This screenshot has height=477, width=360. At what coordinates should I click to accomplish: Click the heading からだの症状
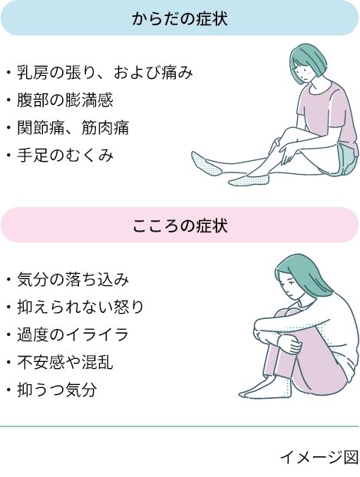[x=180, y=19]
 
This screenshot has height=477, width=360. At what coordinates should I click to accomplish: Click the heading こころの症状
[x=180, y=225]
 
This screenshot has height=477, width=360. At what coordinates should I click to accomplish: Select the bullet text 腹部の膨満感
[x=65, y=100]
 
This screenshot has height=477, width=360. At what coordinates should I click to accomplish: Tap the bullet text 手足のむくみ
[x=65, y=155]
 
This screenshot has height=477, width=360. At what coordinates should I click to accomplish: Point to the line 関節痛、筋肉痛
[x=73, y=128]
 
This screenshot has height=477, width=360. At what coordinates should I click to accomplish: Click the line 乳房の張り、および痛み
[x=105, y=73]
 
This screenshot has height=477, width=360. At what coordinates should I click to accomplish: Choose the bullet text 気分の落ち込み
[x=73, y=279]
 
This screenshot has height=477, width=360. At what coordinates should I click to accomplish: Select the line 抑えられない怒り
[x=81, y=307]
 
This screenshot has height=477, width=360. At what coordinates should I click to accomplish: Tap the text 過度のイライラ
[x=73, y=334]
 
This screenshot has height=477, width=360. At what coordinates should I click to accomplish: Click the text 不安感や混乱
[x=65, y=362]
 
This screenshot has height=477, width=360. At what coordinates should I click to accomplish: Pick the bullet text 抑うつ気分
[x=58, y=390]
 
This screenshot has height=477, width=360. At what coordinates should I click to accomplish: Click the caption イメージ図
[x=319, y=457]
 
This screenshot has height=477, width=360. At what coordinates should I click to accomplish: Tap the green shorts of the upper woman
[x=347, y=161]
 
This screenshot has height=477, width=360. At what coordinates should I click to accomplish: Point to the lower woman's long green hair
[x=308, y=274]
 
